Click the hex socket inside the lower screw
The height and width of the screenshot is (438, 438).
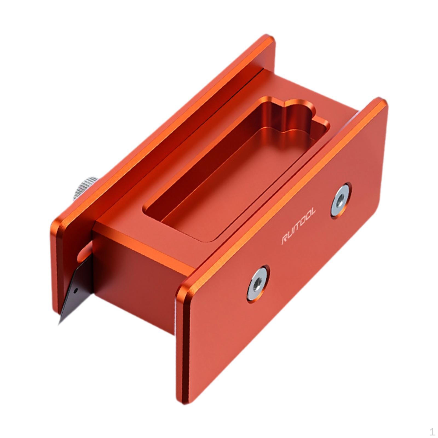[x=257, y=284]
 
